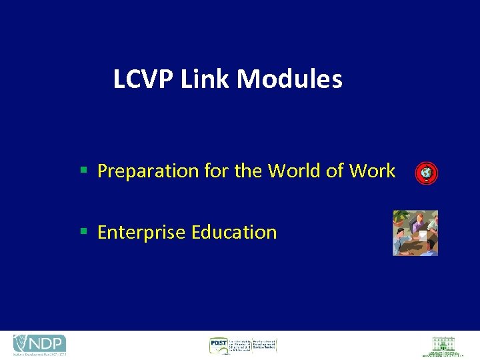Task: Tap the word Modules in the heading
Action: pyautogui.click(x=289, y=79)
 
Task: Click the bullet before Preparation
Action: pyautogui.click(x=83, y=171)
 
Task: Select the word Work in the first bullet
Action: pyautogui.click(x=372, y=171)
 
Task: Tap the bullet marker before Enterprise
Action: pyautogui.click(x=83, y=232)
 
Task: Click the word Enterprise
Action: pyautogui.click(x=141, y=233)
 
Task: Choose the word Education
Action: pyautogui.click(x=233, y=233)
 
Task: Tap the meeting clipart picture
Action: pyautogui.click(x=415, y=233)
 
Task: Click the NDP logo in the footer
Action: pyautogui.click(x=39, y=345)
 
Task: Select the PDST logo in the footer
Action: pyautogui.click(x=242, y=345)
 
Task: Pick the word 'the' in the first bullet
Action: pyautogui.click(x=248, y=171)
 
